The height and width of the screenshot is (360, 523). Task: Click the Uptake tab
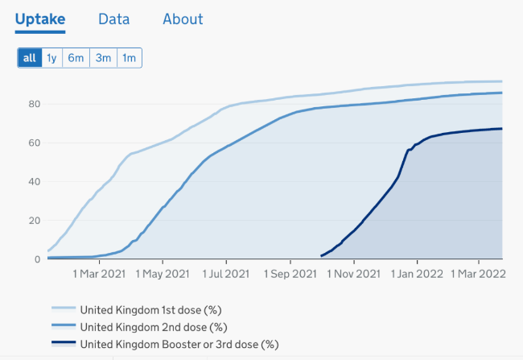40,19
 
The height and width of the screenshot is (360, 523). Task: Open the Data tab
113,19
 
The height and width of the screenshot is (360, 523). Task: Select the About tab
183,19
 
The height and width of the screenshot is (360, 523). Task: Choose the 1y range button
52,58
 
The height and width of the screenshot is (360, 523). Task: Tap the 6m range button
76,58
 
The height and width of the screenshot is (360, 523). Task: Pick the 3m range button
104,58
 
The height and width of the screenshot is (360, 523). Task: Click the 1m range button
129,58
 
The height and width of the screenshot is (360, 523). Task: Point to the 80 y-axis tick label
35,104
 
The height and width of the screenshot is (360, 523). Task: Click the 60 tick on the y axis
35,143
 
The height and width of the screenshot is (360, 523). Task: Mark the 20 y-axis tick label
35,221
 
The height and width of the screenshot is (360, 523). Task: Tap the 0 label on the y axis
37,259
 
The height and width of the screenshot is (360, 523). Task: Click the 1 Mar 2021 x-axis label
99,274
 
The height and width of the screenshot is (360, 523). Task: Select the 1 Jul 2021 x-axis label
226,274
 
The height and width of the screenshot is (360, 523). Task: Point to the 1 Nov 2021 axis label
353,274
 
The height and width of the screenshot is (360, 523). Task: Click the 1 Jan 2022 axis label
417,274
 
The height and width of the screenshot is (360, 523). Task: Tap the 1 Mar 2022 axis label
478,274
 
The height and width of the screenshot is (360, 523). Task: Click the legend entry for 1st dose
137,310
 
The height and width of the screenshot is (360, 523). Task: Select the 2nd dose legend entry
139,327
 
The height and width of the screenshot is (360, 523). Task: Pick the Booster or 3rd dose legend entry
165,345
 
